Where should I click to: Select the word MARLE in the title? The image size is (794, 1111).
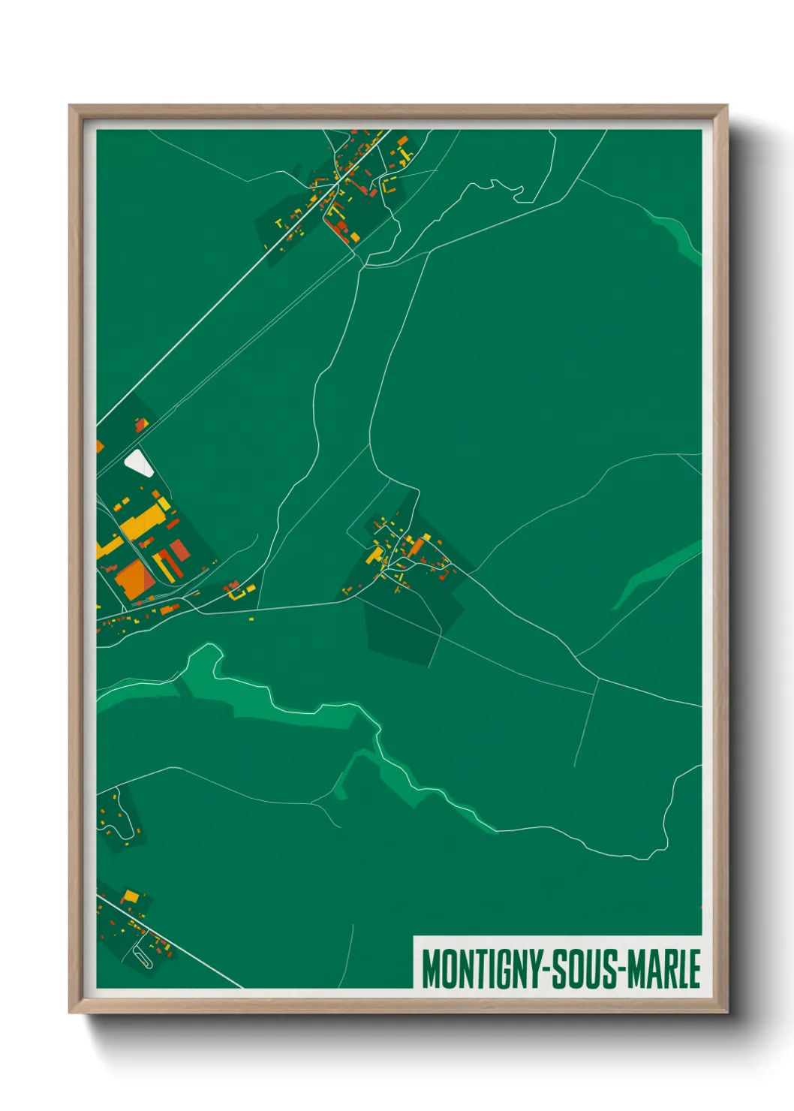(665, 968)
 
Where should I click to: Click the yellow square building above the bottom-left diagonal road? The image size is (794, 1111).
(131, 896)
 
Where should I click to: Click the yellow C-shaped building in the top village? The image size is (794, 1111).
(388, 185)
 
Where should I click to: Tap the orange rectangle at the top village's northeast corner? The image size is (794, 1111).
(402, 140)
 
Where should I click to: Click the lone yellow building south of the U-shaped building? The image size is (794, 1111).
(251, 619)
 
